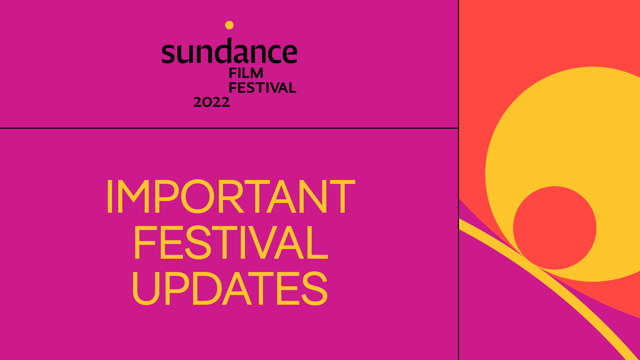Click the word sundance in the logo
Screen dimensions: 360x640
coord(229,52)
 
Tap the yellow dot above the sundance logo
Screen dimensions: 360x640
coord(229,25)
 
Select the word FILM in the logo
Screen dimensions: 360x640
coord(246,74)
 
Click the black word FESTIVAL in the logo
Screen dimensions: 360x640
coord(262,88)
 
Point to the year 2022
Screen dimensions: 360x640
coord(211,102)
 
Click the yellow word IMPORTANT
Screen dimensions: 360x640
coord(230,197)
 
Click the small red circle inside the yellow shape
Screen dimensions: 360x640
coord(554,228)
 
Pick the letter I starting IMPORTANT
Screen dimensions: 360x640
coord(109,197)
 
